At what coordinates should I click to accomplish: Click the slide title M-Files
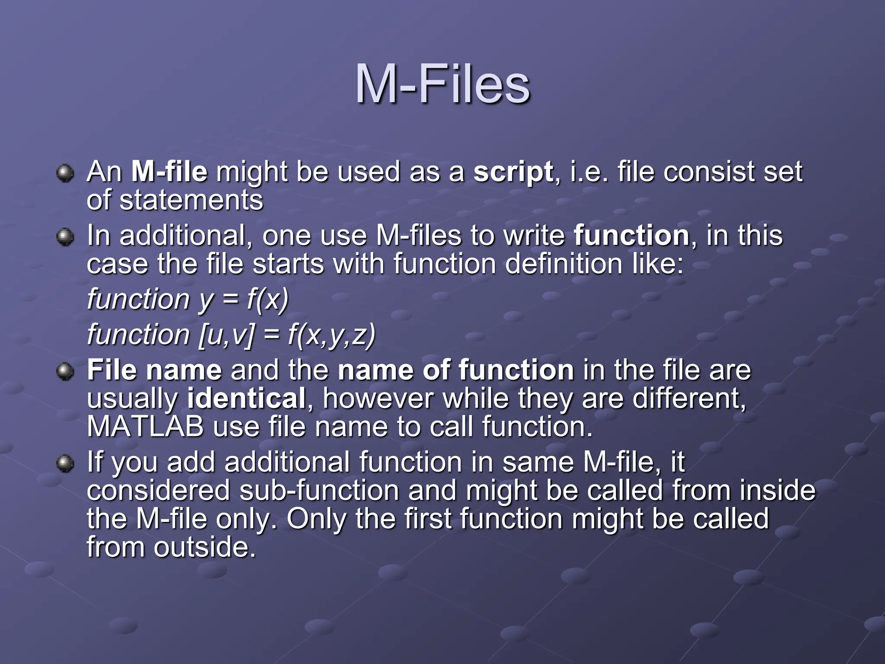coord(442,84)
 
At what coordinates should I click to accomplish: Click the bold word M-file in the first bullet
coord(169,172)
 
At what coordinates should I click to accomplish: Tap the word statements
coord(191,200)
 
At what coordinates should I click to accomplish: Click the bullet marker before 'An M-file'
coord(65,173)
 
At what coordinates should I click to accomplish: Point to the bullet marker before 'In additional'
coord(65,237)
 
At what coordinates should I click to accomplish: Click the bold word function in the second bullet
coord(631,236)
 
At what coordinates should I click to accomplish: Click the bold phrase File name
coord(154,370)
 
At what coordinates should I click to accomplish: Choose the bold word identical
coord(246,399)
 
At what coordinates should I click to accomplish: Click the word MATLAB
coord(145,427)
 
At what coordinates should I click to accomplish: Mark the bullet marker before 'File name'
coord(65,372)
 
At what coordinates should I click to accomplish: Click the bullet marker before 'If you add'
coord(65,463)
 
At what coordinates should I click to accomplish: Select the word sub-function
coord(319,491)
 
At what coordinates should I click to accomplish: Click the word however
coord(378,399)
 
